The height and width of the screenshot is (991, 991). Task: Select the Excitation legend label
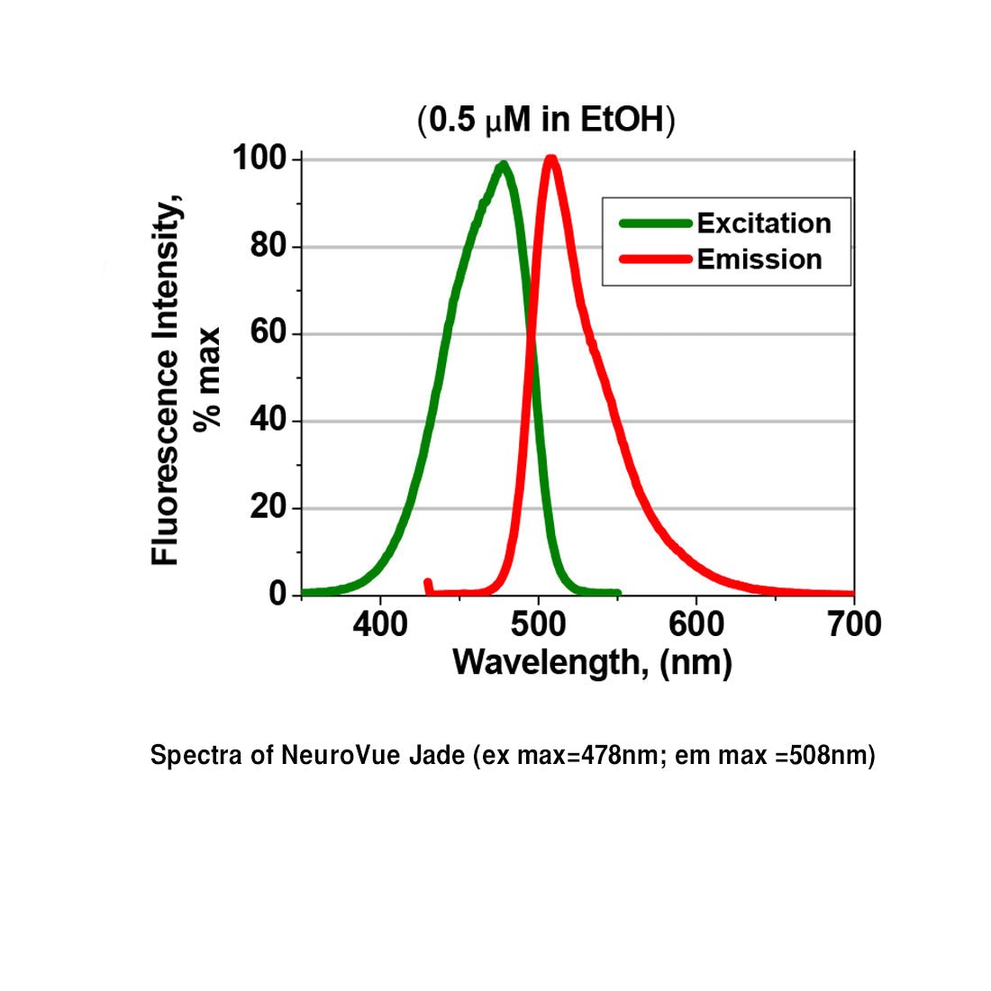763,223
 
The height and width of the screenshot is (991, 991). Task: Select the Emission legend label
759,259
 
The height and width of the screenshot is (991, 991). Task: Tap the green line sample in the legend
655,223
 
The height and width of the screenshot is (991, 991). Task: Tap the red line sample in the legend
655,259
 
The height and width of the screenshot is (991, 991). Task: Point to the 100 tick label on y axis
259,159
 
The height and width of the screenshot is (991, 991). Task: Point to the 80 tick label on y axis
268,247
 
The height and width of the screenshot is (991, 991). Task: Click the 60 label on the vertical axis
268,334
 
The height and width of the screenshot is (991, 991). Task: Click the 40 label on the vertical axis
268,421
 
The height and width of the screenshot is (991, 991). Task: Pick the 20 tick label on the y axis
268,508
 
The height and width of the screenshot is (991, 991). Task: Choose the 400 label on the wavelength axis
380,624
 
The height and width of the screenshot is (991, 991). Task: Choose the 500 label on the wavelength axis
539,624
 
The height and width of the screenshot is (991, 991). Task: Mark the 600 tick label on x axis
696,624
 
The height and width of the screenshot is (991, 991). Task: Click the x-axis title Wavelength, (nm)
592,663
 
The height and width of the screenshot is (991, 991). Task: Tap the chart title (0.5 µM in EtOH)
546,120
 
